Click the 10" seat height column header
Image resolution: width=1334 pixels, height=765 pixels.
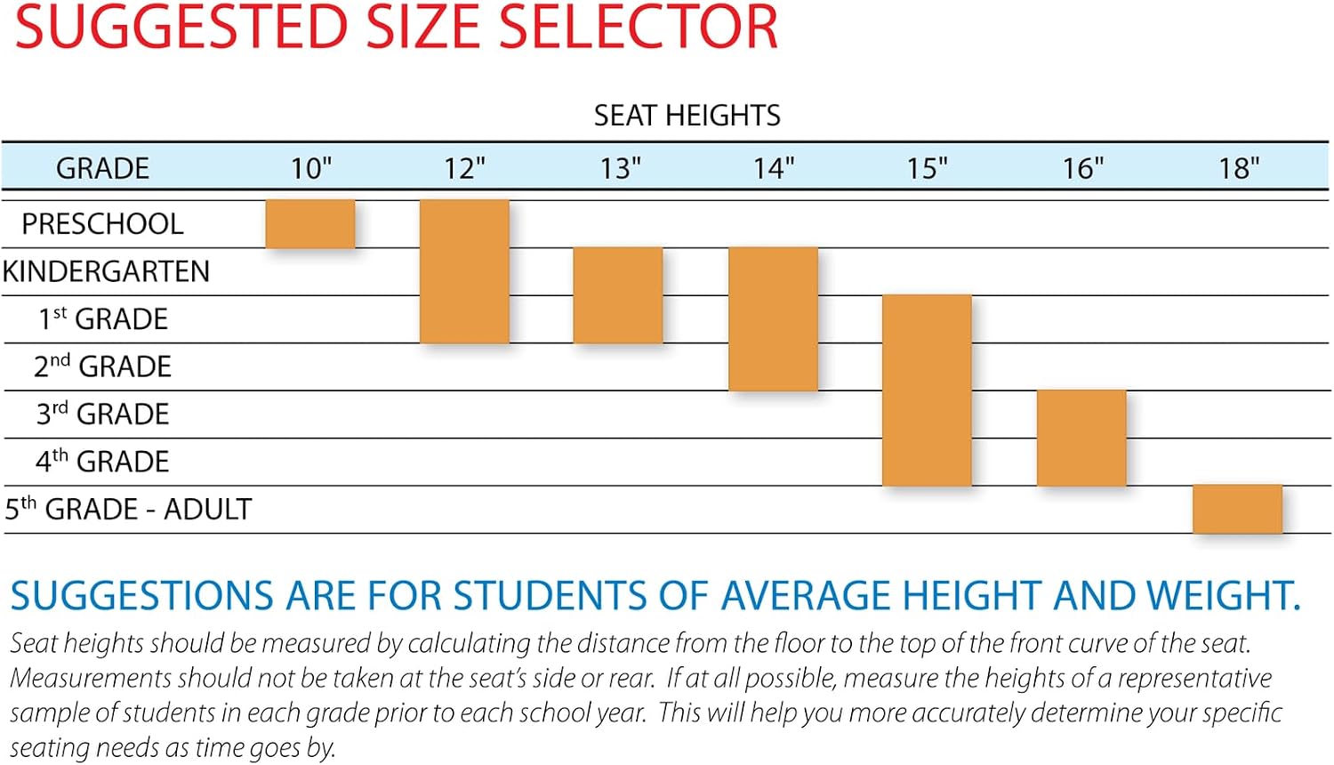click(x=310, y=168)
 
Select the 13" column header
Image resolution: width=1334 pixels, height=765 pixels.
click(x=619, y=168)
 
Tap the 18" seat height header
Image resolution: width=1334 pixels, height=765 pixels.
click(x=1238, y=168)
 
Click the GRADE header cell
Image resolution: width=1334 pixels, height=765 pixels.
click(x=102, y=168)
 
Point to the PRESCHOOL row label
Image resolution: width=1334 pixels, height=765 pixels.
click(x=102, y=224)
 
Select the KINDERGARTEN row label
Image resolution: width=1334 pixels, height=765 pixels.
click(x=106, y=271)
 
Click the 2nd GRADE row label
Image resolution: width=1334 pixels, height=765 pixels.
click(x=102, y=366)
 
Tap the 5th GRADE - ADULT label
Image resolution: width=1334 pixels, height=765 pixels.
click(x=128, y=509)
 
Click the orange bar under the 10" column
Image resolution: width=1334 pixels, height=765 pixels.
click(x=310, y=224)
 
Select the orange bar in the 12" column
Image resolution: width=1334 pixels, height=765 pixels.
click(x=464, y=271)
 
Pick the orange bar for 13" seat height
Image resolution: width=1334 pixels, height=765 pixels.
click(x=618, y=295)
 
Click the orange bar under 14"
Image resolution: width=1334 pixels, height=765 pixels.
click(x=773, y=318)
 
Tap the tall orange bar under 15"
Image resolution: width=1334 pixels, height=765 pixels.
click(x=928, y=391)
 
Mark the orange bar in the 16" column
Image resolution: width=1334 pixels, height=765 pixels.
click(x=1081, y=438)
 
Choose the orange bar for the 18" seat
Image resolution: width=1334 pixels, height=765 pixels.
click(x=1238, y=509)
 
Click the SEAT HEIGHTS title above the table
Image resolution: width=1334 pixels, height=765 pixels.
click(x=687, y=115)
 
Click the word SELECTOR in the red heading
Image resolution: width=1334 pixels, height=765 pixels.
click(x=638, y=27)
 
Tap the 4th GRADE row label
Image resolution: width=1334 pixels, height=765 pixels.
click(x=102, y=461)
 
